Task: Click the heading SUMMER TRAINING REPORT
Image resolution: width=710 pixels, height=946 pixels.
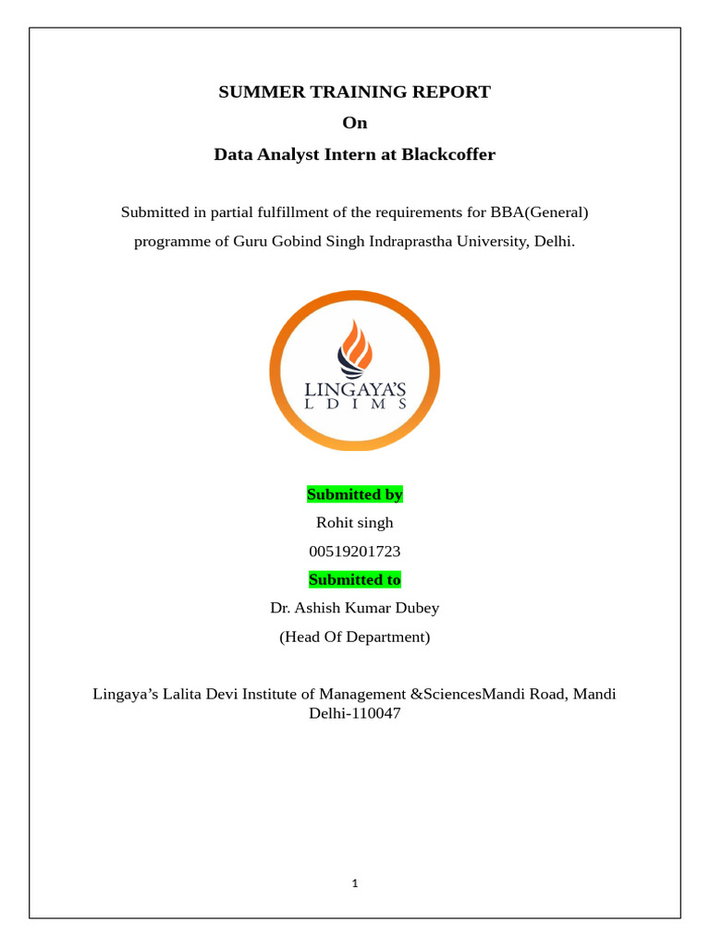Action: [354, 92]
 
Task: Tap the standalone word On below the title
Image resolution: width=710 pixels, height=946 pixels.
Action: [354, 123]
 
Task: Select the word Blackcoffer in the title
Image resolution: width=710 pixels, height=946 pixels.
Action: [448, 154]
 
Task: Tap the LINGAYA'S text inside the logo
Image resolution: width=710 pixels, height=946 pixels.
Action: [355, 385]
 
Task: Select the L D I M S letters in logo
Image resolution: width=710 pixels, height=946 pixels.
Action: [355, 404]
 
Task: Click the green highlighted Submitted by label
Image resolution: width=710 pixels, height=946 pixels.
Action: [355, 495]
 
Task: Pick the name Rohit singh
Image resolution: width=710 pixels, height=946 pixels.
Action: [355, 523]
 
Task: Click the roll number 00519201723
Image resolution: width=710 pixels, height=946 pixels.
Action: [355, 552]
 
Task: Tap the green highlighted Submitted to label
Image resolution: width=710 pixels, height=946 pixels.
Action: [355, 580]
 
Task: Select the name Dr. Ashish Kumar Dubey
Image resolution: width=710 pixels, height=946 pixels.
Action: [355, 609]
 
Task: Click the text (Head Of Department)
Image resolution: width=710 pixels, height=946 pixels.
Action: [355, 637]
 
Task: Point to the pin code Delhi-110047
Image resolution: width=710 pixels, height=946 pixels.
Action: [355, 714]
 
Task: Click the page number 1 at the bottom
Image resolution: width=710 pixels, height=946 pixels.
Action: [355, 883]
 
